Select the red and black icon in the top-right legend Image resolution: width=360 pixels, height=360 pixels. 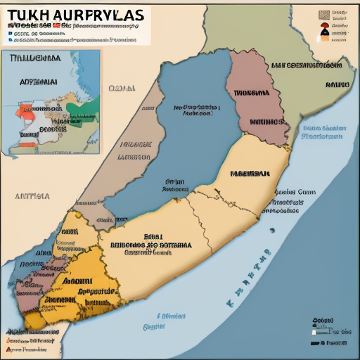[x=323, y=30]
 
